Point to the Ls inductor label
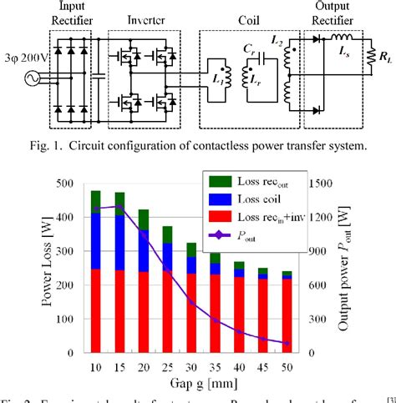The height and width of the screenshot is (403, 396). (x=344, y=52)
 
